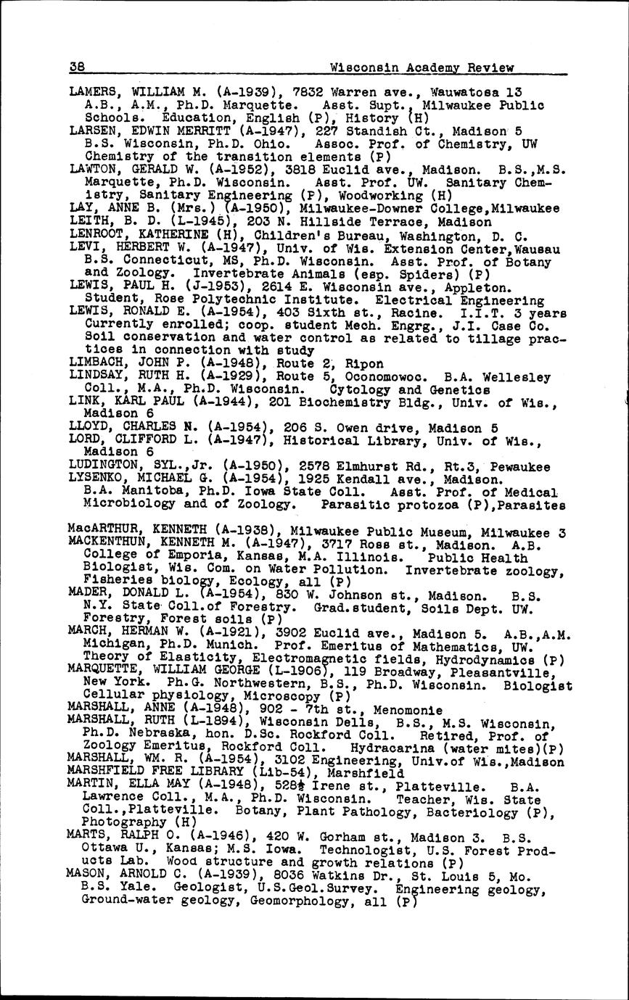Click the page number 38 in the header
coord(77,67)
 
